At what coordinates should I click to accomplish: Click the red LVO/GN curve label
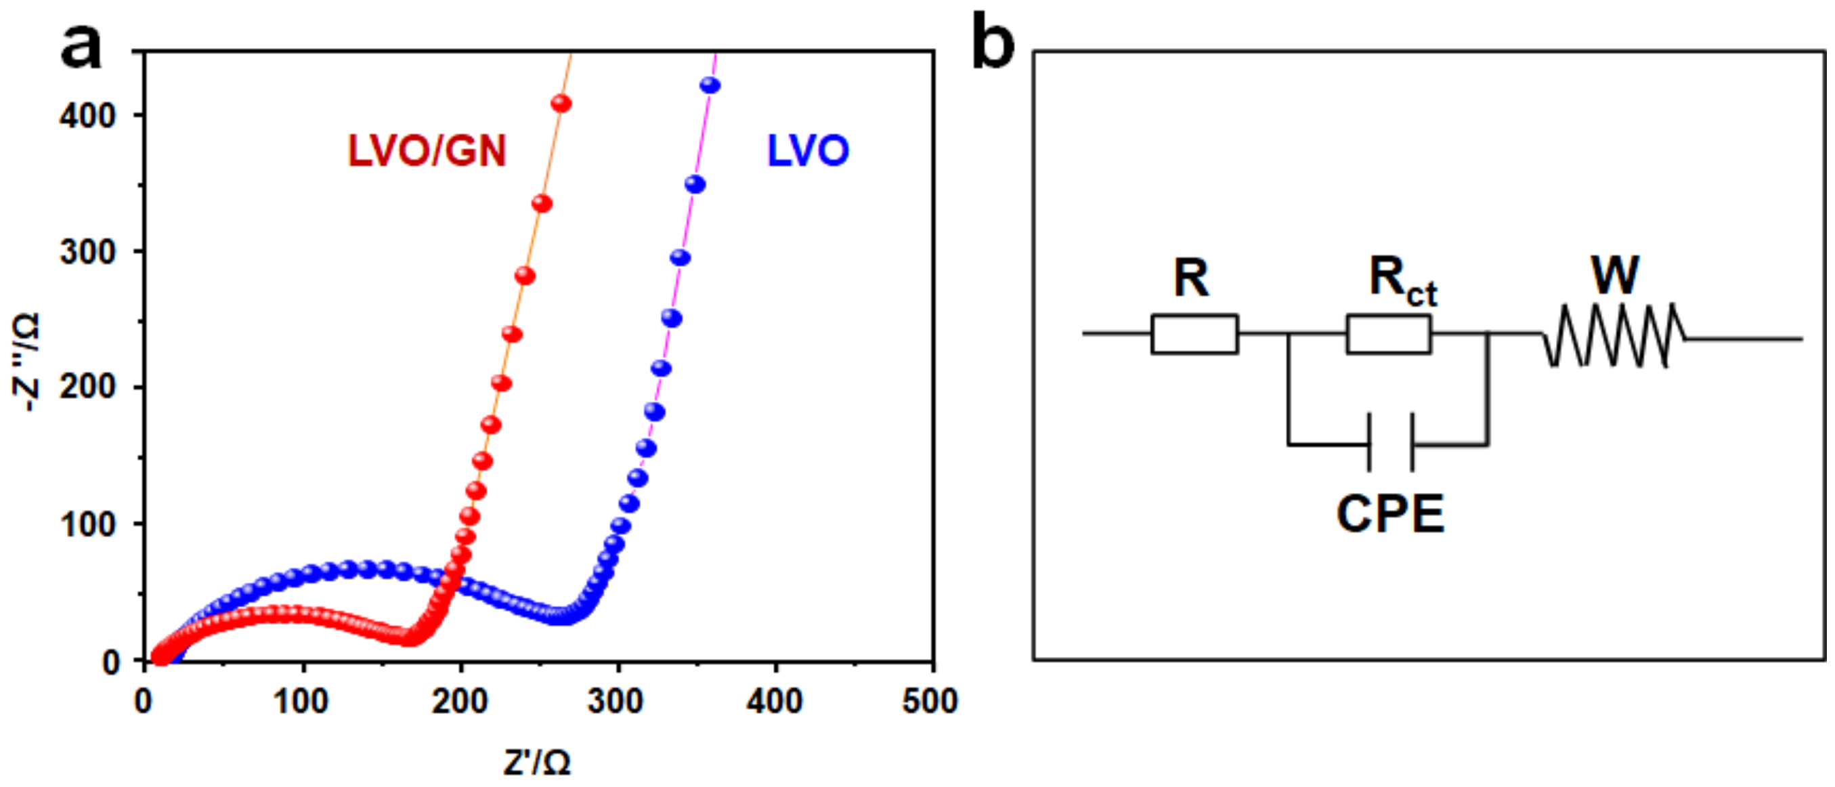pyautogui.click(x=427, y=151)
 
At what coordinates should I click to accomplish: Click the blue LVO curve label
pyautogui.click(x=807, y=151)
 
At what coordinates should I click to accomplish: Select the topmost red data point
pyautogui.click(x=561, y=104)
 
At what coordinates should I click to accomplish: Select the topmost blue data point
pyautogui.click(x=710, y=86)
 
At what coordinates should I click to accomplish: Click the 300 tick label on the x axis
pyautogui.click(x=616, y=702)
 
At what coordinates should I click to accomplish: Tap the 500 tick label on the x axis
pyautogui.click(x=930, y=702)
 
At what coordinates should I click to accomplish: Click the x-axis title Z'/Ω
pyautogui.click(x=536, y=763)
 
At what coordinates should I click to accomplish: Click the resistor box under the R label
pyautogui.click(x=1194, y=334)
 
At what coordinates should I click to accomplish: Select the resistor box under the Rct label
pyautogui.click(x=1388, y=334)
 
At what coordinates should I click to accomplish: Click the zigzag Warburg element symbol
pyautogui.click(x=1615, y=336)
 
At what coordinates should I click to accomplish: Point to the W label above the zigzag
pyautogui.click(x=1614, y=276)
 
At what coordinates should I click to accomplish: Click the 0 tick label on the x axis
pyautogui.click(x=143, y=702)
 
